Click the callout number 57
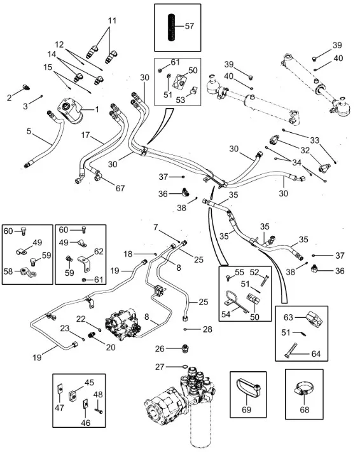(190, 26)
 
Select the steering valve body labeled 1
(71, 111)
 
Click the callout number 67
(120, 188)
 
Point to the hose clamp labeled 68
(303, 390)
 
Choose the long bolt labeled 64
(291, 350)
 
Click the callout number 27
(160, 367)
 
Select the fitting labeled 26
(186, 348)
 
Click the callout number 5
(29, 132)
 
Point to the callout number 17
(85, 135)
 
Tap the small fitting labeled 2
(26, 87)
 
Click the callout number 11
(112, 21)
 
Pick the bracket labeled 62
(84, 264)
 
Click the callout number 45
(89, 383)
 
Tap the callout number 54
(226, 314)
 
